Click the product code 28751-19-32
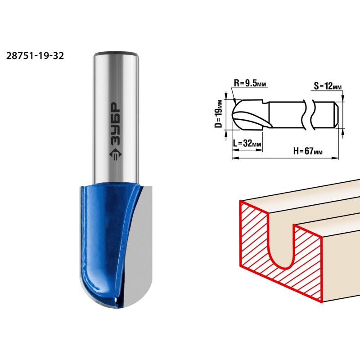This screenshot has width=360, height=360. point(35,56)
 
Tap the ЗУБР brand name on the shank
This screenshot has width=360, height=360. point(115,124)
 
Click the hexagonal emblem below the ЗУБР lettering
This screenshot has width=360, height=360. point(115,155)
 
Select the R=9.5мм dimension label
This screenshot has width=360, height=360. point(250,83)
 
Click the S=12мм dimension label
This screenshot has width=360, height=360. point(328,86)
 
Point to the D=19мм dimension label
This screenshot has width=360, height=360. point(219,114)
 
